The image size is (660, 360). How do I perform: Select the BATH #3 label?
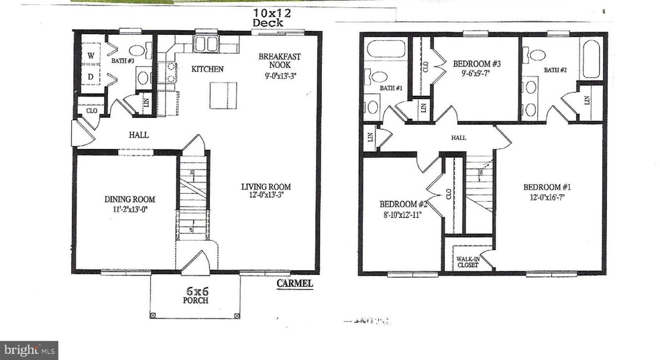tap(123, 62)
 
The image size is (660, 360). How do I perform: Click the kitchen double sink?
tap(206, 44)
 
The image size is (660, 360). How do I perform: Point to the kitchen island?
tap(223, 94)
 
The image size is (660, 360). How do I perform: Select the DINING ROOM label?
tap(129, 199)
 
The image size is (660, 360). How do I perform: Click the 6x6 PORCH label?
tap(194, 295)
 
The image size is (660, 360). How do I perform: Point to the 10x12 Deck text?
tap(268, 17)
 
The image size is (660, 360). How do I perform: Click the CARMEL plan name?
tap(295, 284)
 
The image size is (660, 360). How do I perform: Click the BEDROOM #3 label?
tap(477, 64)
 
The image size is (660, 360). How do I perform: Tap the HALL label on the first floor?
tap(139, 135)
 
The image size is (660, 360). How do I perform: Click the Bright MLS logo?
tap(30, 350)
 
